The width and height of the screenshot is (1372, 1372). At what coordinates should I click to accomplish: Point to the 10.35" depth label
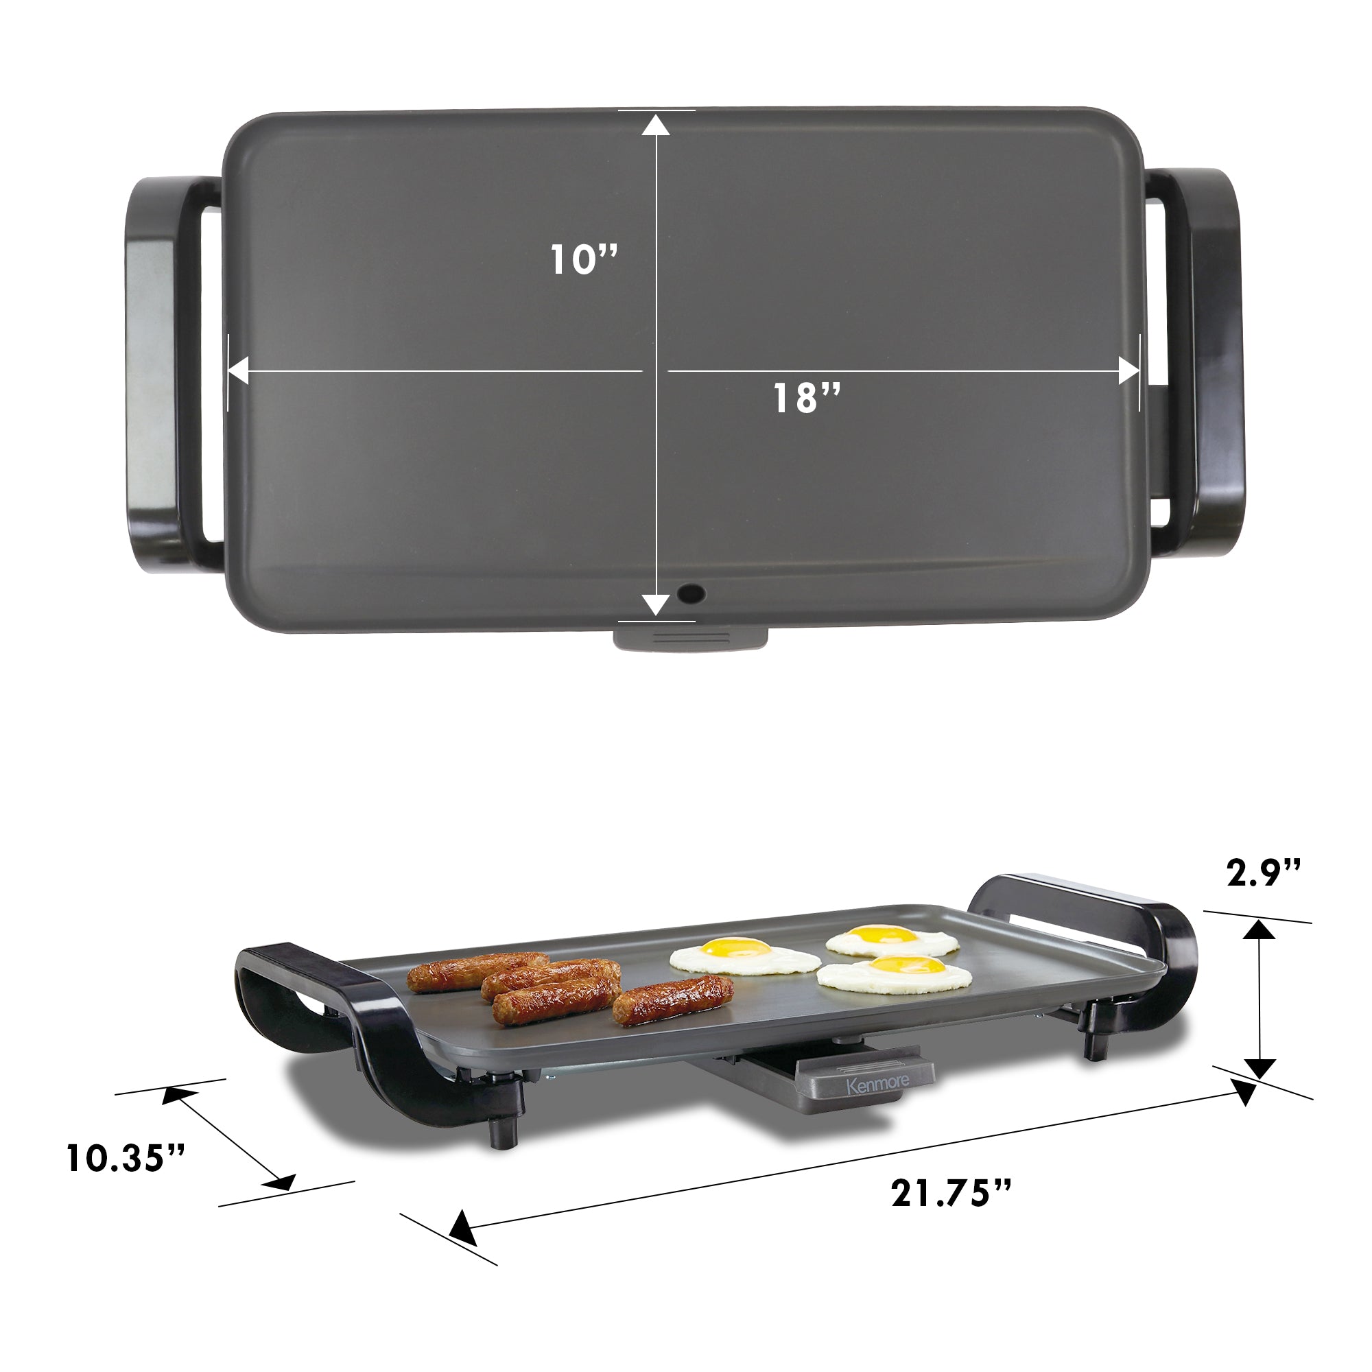pyautogui.click(x=126, y=1157)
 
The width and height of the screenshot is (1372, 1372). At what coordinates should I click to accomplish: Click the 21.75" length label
pyautogui.click(x=951, y=1193)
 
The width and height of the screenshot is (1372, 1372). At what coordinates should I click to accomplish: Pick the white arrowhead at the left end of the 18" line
pyautogui.click(x=238, y=370)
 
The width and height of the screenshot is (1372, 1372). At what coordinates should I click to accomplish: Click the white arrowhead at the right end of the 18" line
pyautogui.click(x=1129, y=370)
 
